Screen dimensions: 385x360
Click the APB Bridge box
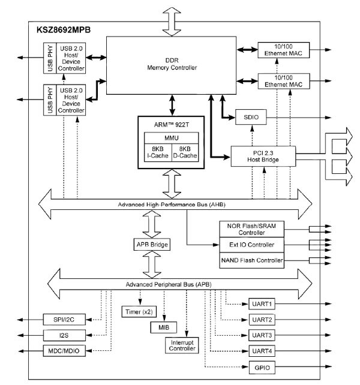151,245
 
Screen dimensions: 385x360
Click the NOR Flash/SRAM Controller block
251,228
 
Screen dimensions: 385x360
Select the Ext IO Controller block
251,245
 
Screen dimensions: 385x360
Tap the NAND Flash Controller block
251,261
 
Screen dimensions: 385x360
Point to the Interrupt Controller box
181,345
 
